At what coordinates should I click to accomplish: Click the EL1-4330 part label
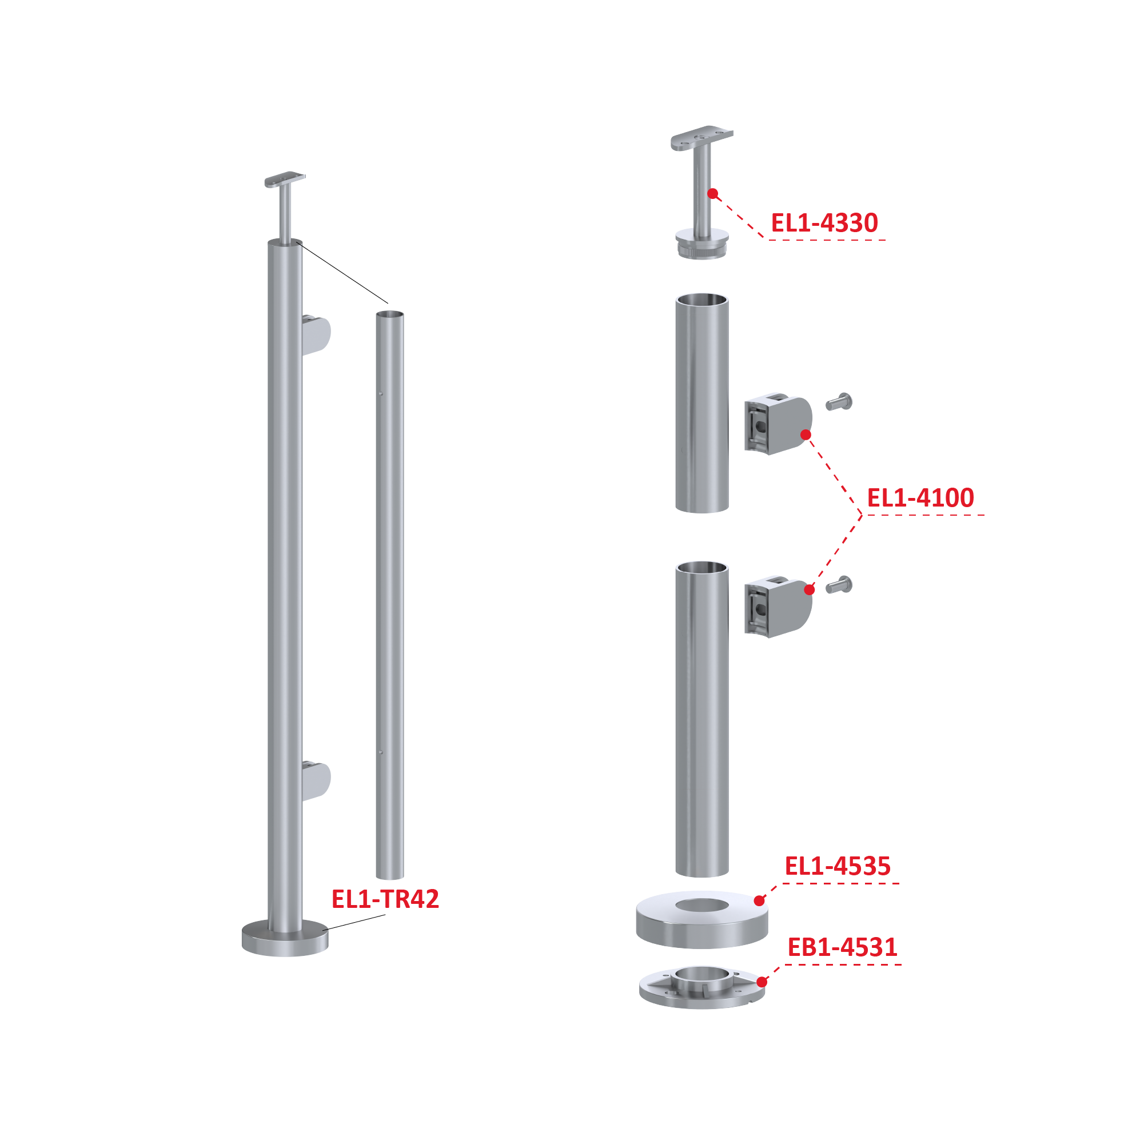(824, 223)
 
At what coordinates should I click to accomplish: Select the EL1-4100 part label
(920, 498)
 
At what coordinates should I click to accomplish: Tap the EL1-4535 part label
(837, 866)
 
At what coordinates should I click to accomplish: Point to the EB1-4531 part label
(842, 947)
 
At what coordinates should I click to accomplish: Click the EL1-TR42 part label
(385, 899)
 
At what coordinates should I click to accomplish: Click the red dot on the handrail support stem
(713, 194)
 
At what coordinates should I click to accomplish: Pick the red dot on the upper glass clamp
(806, 435)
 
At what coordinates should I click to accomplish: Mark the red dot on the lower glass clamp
(810, 590)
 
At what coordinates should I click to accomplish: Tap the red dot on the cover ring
(759, 900)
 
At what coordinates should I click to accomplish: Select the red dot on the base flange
(762, 982)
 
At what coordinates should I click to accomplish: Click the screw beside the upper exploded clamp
(839, 402)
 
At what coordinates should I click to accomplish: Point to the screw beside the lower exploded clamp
(839, 585)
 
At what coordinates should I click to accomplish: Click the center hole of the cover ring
(702, 904)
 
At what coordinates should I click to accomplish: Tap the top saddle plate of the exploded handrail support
(701, 138)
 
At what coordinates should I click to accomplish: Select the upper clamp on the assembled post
(316, 335)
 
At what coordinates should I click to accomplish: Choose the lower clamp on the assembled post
(316, 782)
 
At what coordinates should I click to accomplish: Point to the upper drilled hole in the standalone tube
(381, 394)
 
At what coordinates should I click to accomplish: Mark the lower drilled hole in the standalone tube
(381, 752)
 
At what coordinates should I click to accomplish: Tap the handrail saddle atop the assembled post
(285, 180)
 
